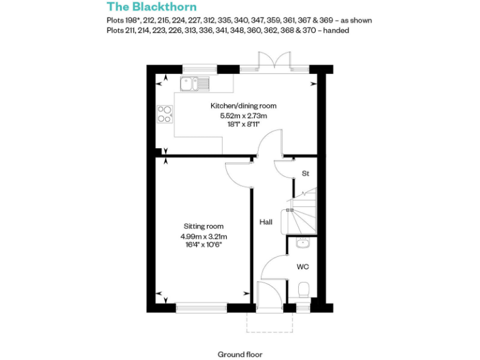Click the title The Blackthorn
(152, 7)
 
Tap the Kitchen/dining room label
(243, 106)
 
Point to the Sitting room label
(203, 226)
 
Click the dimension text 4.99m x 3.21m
(203, 236)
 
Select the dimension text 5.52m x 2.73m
(243, 116)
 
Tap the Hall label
(266, 222)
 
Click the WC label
(303, 267)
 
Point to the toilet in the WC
(304, 290)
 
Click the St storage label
(306, 173)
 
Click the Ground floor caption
(240, 354)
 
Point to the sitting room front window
(201, 307)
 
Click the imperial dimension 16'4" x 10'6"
(203, 245)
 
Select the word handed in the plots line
(337, 30)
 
